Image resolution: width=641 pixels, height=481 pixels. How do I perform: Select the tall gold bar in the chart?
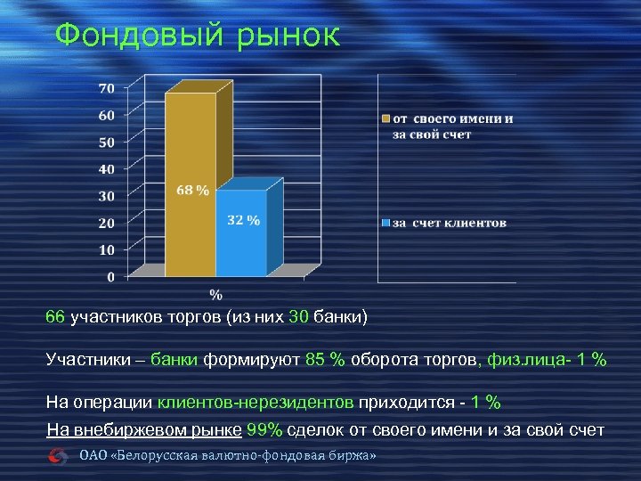coord(191,178)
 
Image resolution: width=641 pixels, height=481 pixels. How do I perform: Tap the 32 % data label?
coord(243,220)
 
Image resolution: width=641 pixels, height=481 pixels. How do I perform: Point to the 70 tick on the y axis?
coord(106,88)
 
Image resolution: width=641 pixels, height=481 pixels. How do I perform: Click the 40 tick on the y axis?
coord(106,169)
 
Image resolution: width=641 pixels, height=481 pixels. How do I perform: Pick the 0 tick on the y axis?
coord(110,277)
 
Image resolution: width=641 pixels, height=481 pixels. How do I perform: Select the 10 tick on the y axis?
coord(106,249)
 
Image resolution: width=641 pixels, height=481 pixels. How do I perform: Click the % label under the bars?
coord(215,294)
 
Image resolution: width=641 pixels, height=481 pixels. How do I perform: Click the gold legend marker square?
coord(386,119)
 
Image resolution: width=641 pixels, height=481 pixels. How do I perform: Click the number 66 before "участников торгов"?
coord(55,317)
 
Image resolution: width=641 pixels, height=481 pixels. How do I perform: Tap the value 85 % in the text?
coord(325,360)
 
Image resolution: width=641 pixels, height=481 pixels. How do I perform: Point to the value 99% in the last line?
coord(265,430)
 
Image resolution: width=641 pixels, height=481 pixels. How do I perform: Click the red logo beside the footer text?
coord(60,456)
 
